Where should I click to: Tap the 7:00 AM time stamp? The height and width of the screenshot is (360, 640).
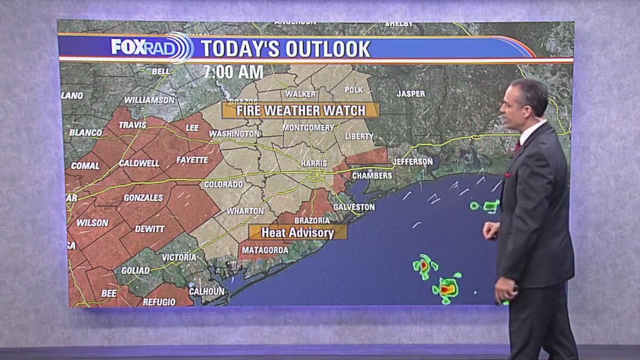tap(233, 72)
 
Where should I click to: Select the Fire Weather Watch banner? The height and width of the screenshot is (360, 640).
tap(300, 110)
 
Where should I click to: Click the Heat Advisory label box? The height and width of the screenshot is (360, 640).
tap(297, 232)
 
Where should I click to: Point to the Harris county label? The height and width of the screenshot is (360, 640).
tap(315, 162)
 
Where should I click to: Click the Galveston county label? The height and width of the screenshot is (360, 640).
tap(355, 207)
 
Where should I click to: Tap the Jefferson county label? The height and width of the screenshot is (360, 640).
tap(413, 162)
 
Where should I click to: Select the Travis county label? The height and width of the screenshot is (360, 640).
tap(132, 125)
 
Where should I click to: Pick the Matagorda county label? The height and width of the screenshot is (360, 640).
tap(265, 250)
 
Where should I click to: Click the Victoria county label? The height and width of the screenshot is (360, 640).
tap(179, 257)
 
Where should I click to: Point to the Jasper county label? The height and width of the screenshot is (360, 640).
tap(411, 94)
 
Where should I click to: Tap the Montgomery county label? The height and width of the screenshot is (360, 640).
tap(308, 128)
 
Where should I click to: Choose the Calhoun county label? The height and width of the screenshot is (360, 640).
tap(207, 291)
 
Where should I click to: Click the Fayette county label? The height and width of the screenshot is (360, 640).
tap(192, 160)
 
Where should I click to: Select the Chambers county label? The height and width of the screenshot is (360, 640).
tap(372, 176)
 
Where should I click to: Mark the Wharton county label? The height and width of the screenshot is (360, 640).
tap(245, 211)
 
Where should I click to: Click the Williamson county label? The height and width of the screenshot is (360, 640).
tap(150, 100)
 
